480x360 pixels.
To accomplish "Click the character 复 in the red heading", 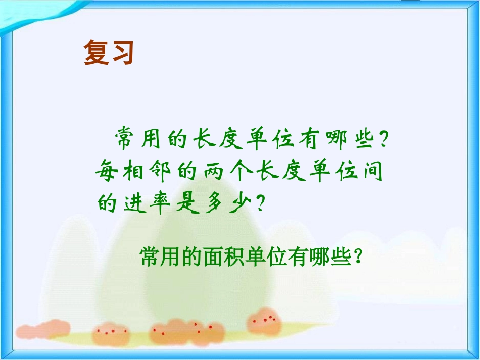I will coord(96,53).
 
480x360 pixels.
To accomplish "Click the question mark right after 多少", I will coord(261,204).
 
